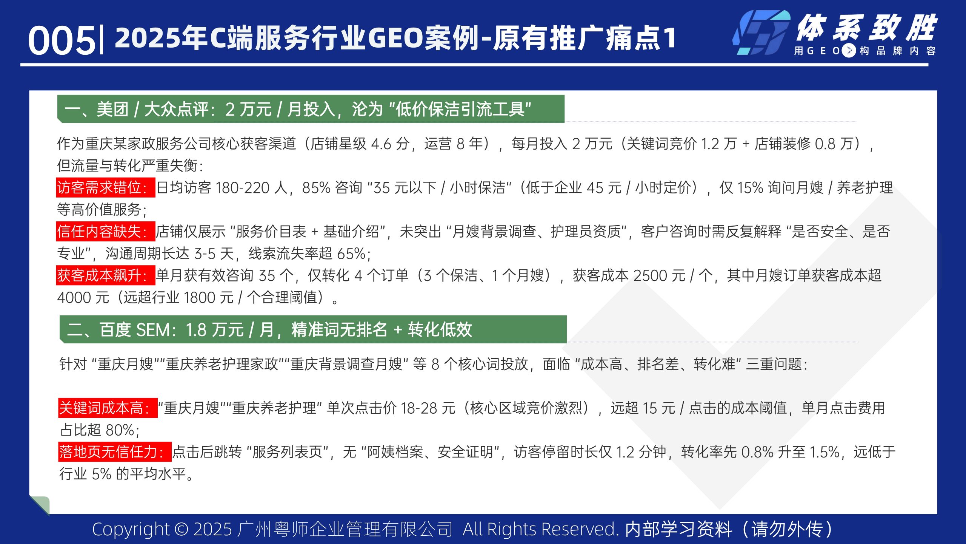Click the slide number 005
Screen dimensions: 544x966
pos(62,40)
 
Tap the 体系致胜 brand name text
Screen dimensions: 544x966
pos(866,28)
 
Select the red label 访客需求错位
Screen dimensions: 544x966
pos(106,187)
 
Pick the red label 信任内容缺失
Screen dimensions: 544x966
pos(106,231)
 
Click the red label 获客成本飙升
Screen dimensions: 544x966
pos(106,275)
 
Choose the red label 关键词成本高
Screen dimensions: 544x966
pos(108,408)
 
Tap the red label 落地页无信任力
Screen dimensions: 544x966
pos(115,452)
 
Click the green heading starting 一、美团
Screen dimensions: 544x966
pos(310,109)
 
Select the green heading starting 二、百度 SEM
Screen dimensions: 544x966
pos(312,329)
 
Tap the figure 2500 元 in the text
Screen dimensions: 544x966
pos(659,276)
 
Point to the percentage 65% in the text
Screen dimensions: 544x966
pos(351,254)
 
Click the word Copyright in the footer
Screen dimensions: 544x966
pos(131,530)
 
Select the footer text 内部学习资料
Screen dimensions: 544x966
pos(678,530)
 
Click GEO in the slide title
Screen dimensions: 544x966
pos(395,39)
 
